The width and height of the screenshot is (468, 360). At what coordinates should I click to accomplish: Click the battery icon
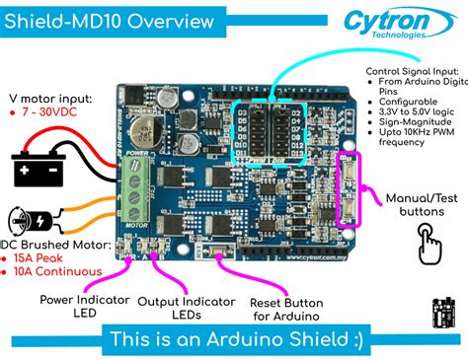pos(39,169)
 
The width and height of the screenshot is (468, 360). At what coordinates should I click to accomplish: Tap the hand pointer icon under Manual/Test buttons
pos(429,240)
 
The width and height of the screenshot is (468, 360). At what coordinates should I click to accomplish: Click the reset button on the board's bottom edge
pos(229,252)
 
